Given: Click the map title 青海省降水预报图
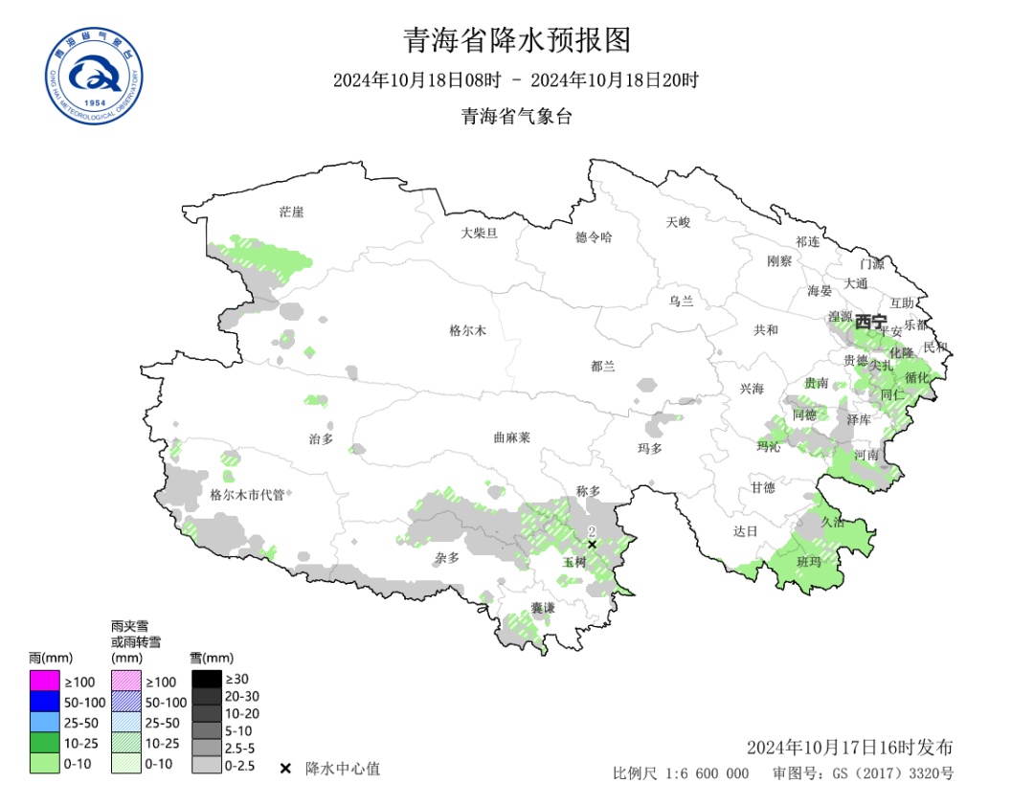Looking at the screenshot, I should click(517, 40).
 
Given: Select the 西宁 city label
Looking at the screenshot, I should click(870, 322).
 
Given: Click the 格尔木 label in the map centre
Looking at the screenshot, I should click(468, 331).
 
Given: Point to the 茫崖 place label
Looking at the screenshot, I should click(291, 212).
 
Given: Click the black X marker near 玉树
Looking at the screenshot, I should click(592, 545).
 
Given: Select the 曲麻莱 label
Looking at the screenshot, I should click(511, 437).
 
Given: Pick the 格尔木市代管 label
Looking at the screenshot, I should click(247, 495).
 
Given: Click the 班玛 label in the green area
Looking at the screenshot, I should click(809, 562).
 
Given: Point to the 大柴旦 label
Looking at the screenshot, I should click(479, 233).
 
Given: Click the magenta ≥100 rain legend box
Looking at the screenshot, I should click(44, 681).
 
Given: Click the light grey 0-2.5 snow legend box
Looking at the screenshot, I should click(206, 765).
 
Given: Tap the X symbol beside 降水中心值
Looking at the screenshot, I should click(285, 769).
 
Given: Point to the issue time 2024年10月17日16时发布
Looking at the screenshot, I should click(849, 747).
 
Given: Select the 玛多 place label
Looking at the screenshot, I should click(649, 448).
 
